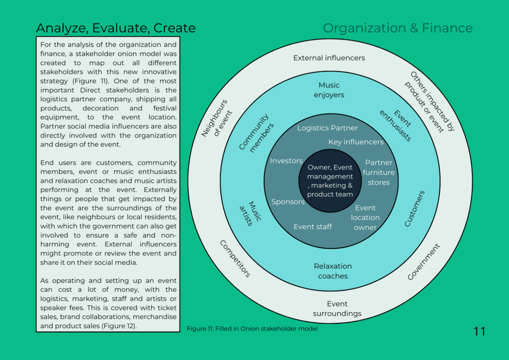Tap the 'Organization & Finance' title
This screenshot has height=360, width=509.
coord(398,28)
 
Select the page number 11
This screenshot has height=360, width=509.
coord(479,331)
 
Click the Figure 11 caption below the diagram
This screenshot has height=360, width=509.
coord(252,328)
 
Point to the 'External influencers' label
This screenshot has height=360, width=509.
coord(329,58)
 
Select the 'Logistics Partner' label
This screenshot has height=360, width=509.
coord(328,128)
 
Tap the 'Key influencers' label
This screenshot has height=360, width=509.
coord(356,142)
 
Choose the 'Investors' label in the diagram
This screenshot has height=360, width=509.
coord(286,161)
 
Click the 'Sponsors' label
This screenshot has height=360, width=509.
coord(288,202)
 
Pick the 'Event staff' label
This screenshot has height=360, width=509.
coord(313,227)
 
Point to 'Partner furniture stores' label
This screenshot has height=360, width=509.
coord(379,173)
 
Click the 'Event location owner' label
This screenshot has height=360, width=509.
coord(365,218)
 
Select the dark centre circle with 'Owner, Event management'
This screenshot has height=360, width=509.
coord(330,180)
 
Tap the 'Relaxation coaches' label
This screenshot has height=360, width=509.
coord(333,271)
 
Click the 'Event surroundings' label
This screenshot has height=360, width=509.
coord(337,309)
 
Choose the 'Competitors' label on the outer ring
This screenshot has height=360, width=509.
coord(235,259)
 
